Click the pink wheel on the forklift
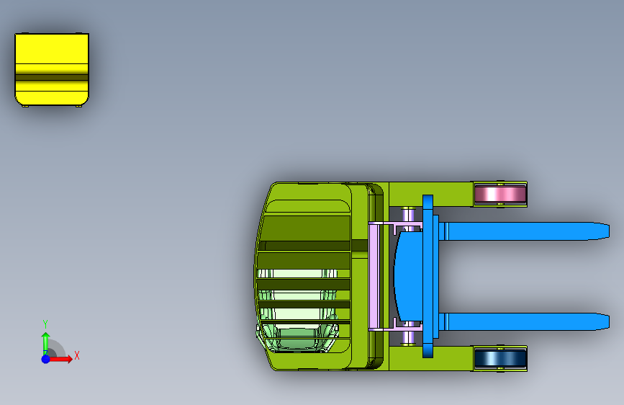(x=500, y=194)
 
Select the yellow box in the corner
(x=52, y=70)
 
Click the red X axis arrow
(x=60, y=359)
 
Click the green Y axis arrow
(x=46, y=344)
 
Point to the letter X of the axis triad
(x=77, y=355)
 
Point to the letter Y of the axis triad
(x=45, y=324)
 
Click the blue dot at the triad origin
(x=46, y=359)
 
